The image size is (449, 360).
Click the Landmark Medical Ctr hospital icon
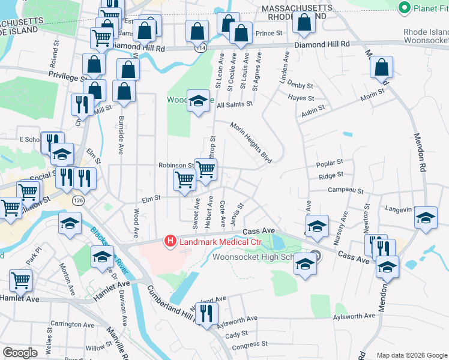[x=170, y=241]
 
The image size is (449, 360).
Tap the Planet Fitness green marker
[x=404, y=8]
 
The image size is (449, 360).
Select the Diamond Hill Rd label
[x=322, y=44]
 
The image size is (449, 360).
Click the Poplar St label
[x=331, y=163]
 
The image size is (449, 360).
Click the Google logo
[x=20, y=353]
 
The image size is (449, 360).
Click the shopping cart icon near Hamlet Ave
[x=21, y=280]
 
